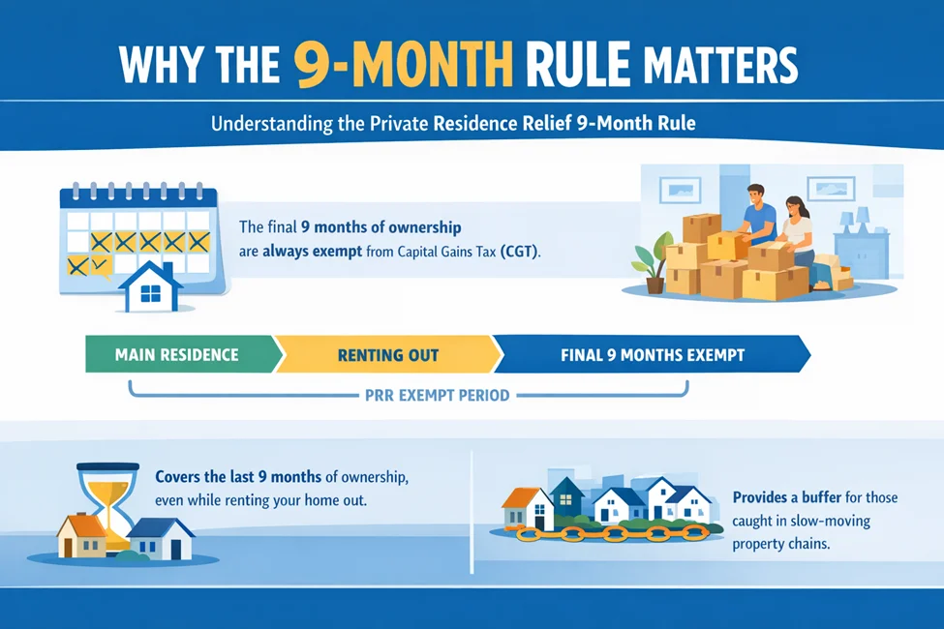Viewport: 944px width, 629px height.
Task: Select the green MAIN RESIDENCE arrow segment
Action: click(x=176, y=355)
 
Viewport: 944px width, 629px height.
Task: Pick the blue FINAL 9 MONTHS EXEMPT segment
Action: click(x=652, y=355)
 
